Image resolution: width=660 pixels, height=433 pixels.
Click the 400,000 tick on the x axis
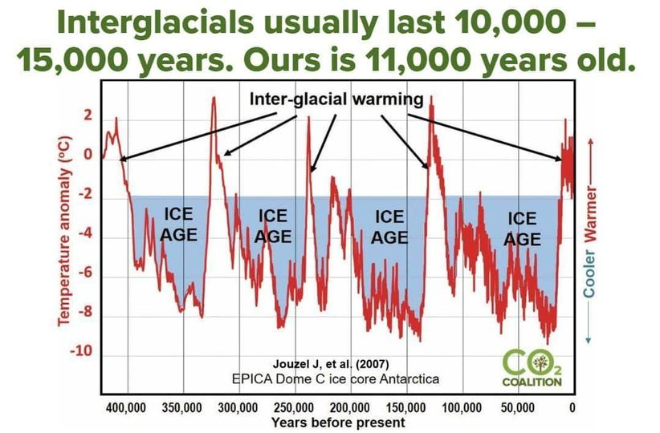[127, 407]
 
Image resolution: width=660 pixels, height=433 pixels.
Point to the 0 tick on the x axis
[572, 407]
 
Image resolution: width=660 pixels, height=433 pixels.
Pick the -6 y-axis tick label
[86, 277]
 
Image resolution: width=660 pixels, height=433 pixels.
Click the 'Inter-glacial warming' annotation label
[336, 100]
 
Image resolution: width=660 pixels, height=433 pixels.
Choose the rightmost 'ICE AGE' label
[522, 229]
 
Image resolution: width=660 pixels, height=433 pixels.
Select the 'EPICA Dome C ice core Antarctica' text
[333, 378]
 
